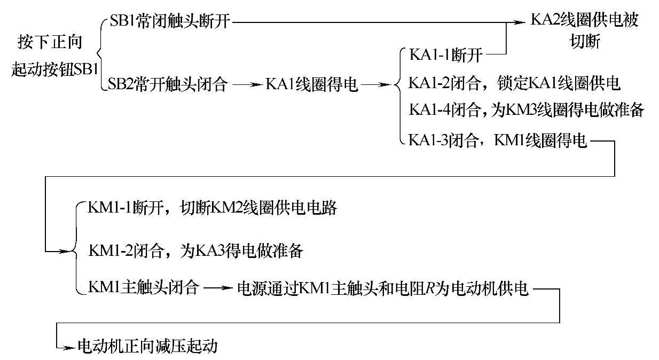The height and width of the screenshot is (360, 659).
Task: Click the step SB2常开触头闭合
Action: [x=168, y=84]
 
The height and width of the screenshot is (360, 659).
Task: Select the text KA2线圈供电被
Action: [x=584, y=22]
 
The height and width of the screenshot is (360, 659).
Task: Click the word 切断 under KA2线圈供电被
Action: [x=584, y=42]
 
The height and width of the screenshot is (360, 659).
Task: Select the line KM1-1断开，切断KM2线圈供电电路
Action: [x=212, y=208]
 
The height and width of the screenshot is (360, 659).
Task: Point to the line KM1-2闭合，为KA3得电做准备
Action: [x=195, y=250]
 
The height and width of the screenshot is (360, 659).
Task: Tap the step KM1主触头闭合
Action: [x=144, y=288]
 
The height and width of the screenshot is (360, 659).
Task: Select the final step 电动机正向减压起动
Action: [x=148, y=346]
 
